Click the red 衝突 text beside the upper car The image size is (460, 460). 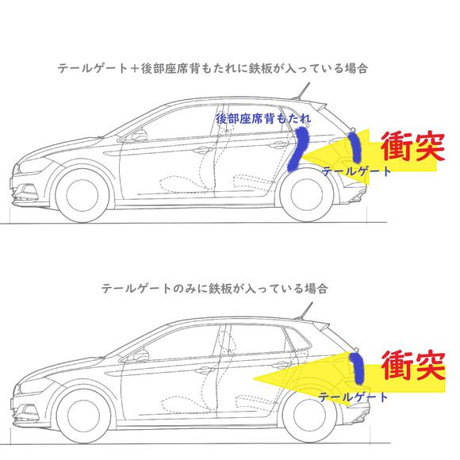413,146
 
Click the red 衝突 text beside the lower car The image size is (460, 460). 413,366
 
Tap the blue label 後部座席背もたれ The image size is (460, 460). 263,118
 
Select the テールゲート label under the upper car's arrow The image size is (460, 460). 356,171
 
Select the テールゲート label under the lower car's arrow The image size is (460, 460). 353,397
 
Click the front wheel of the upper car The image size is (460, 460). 82,196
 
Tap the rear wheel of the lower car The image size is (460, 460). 309,415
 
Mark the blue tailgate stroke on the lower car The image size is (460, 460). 357,368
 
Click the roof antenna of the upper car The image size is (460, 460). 301,91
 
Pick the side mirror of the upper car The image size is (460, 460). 139,136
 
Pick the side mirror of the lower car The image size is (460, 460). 141,355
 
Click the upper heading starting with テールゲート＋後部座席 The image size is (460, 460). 213,69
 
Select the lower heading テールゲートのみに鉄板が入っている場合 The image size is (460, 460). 214,289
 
